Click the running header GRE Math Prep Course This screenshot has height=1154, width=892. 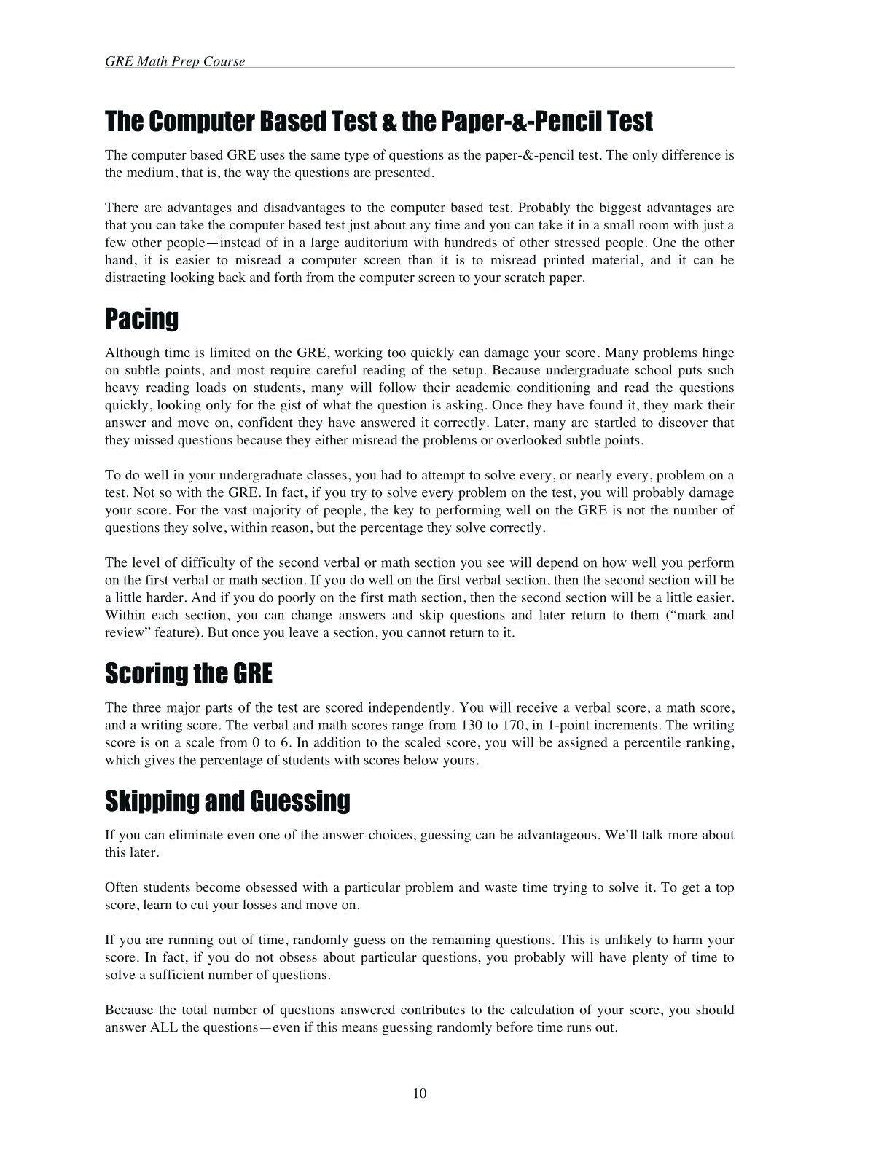pyautogui.click(x=175, y=61)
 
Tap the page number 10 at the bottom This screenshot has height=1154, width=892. pyautogui.click(x=420, y=1093)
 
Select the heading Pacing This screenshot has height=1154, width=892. pyautogui.click(x=141, y=319)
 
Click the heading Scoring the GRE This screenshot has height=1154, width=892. pyautogui.click(x=189, y=673)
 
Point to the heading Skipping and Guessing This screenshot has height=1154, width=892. pyautogui.click(x=227, y=801)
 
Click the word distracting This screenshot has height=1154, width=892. pyautogui.click(x=136, y=278)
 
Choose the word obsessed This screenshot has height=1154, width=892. pyautogui.click(x=271, y=887)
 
